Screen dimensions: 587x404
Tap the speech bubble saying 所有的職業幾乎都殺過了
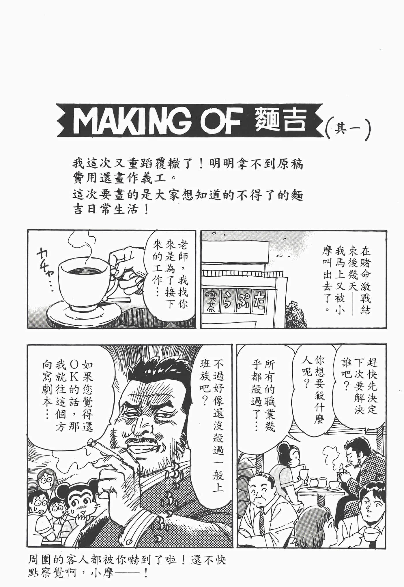[263, 395]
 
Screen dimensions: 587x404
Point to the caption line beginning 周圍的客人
[127, 560]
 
